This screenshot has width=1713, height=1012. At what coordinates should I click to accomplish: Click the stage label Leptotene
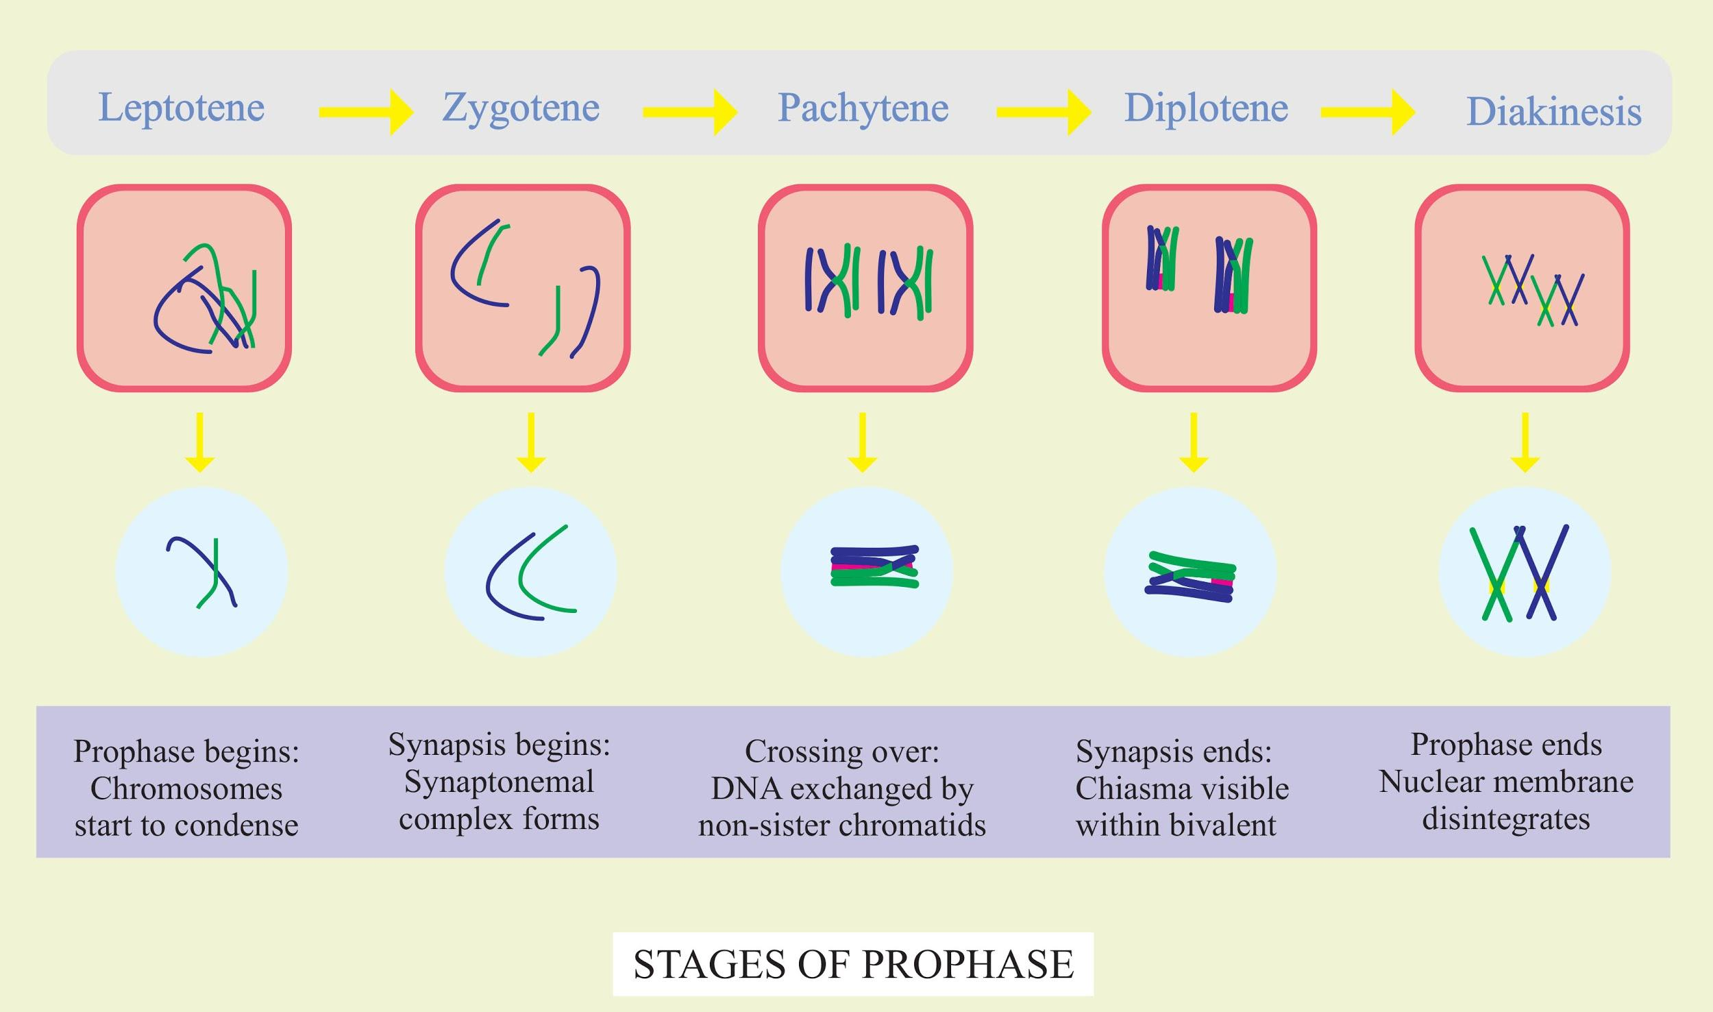pyautogui.click(x=182, y=108)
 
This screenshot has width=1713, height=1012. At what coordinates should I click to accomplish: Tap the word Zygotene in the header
pyautogui.click(x=521, y=108)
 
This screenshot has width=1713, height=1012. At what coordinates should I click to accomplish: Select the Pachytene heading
pyautogui.click(x=863, y=108)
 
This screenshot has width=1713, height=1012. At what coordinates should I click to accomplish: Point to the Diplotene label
pyautogui.click(x=1206, y=108)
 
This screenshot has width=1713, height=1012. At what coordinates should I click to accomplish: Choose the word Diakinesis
pyautogui.click(x=1553, y=112)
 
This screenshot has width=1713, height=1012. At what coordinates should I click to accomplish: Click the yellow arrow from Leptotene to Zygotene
pyautogui.click(x=366, y=112)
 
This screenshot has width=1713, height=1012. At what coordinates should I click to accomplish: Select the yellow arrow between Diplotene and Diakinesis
pyautogui.click(x=1368, y=112)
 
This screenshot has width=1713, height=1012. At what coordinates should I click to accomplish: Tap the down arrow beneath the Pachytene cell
pyautogui.click(x=862, y=442)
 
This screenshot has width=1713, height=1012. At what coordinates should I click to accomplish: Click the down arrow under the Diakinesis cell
pyautogui.click(x=1525, y=442)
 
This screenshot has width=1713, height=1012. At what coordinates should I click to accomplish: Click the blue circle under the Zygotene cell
pyautogui.click(x=530, y=572)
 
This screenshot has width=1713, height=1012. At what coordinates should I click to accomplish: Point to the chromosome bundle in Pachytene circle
pyautogui.click(x=874, y=567)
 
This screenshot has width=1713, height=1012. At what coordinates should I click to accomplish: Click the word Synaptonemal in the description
pyautogui.click(x=499, y=782)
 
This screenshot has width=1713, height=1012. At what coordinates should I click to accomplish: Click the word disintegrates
pyautogui.click(x=1506, y=819)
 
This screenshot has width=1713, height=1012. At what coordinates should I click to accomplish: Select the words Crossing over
pyautogui.click(x=841, y=751)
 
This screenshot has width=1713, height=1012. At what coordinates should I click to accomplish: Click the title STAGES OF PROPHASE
pyautogui.click(x=853, y=964)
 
